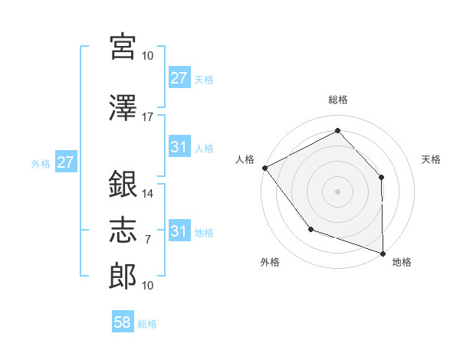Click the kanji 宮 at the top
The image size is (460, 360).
tap(123, 47)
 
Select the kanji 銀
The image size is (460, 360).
tap(123, 186)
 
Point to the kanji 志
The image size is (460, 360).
tap(123, 230)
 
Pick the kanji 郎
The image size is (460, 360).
tap(123, 275)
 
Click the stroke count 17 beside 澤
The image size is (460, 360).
tap(148, 116)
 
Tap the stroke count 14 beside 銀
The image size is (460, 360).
tap(148, 194)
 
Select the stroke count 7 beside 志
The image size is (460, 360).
tap(148, 240)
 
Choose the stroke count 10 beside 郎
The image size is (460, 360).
tap(148, 285)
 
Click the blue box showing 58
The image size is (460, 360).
tap(123, 323)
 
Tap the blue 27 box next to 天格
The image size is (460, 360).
tap(179, 77)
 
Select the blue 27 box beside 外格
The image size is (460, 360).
tap(66, 163)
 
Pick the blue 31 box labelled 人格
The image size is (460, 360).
tap(179, 147)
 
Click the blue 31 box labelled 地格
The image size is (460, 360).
tap(179, 231)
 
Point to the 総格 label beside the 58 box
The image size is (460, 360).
tap(147, 324)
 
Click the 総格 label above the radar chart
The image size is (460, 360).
tap(337, 100)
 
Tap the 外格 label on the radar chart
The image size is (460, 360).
tap(270, 263)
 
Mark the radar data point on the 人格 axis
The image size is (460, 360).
tap(264, 168)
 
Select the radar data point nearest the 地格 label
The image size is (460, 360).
tap(383, 253)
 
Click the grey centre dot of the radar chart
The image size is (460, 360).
tap(337, 191)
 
